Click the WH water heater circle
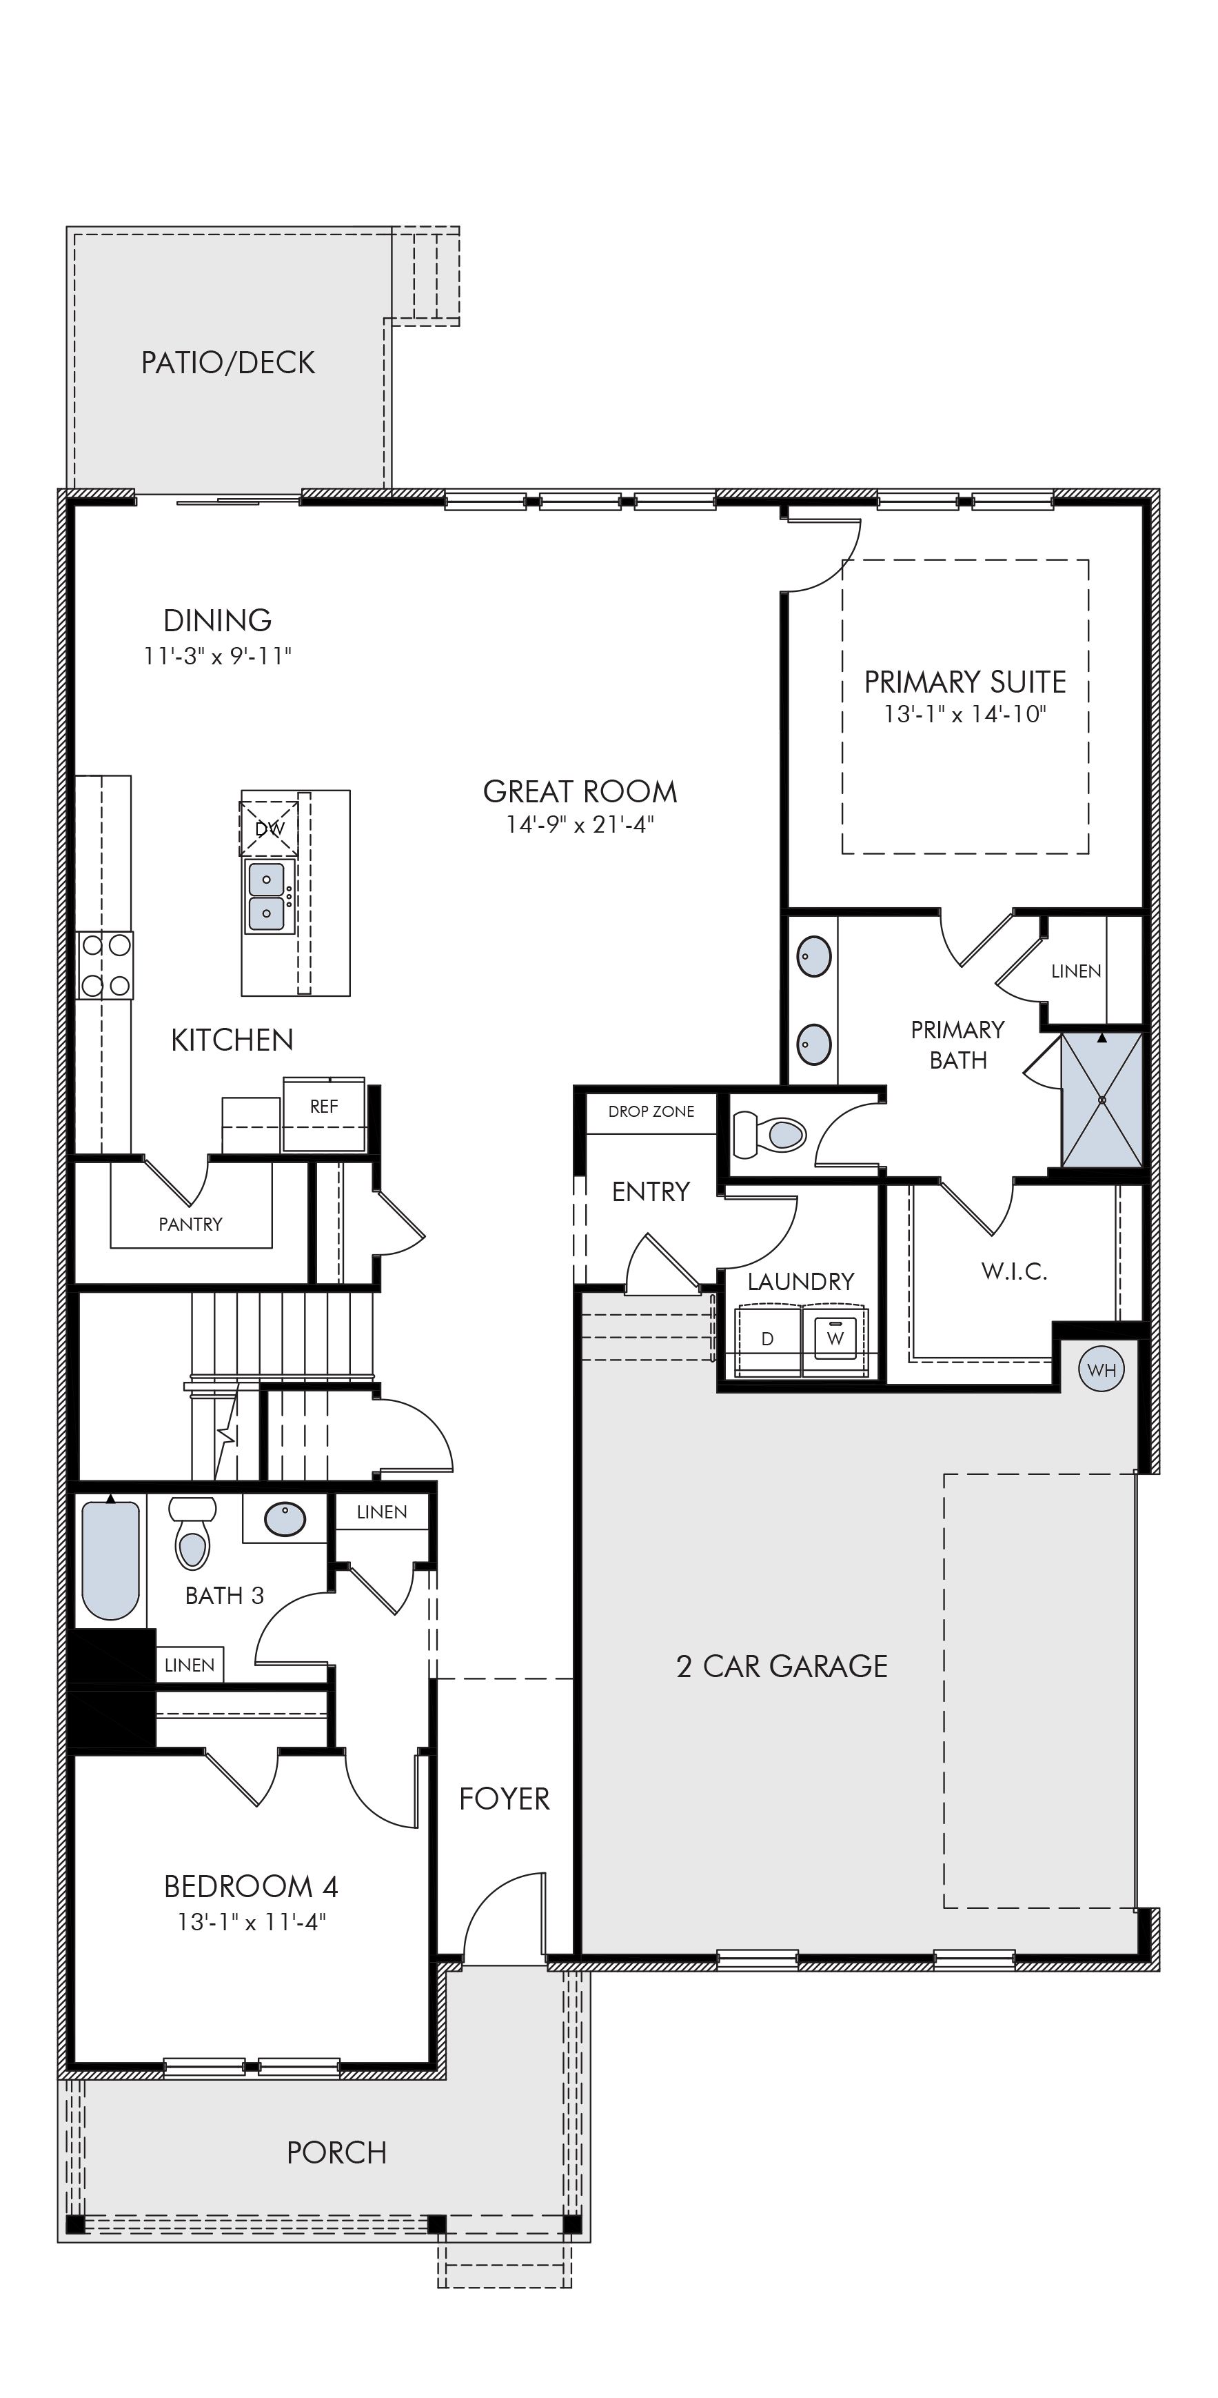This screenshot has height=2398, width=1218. [1101, 1369]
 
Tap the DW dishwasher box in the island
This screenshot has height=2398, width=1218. [269, 828]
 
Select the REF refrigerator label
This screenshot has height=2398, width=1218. [324, 1106]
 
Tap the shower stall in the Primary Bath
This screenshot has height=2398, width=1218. [1102, 1100]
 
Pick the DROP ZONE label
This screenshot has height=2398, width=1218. [651, 1111]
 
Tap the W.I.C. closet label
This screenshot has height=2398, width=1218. [1014, 1271]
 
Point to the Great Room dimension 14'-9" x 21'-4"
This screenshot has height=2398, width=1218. [580, 825]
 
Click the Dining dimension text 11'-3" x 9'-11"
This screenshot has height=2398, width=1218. [218, 656]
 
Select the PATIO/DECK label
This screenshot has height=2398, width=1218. [228, 362]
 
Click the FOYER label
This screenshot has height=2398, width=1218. [505, 1798]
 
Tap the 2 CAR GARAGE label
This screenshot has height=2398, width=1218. [782, 1665]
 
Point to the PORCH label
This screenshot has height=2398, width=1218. [337, 2152]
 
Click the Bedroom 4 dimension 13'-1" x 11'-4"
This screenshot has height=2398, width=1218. [252, 1921]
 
